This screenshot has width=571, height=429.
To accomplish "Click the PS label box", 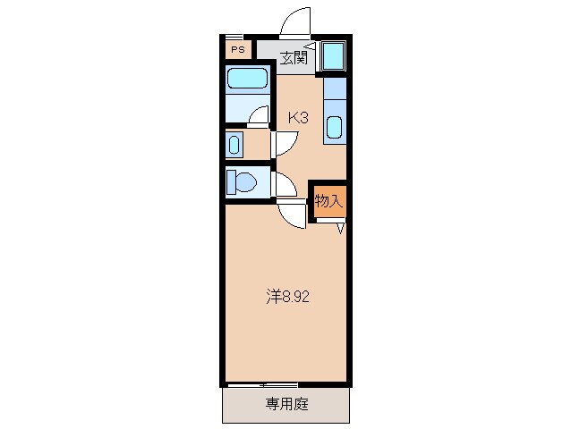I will click(x=237, y=50).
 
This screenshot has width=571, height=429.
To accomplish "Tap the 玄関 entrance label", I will click(x=293, y=59).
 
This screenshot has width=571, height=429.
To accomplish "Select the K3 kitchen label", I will click(x=298, y=116).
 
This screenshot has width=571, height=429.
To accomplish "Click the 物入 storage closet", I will click(x=328, y=201).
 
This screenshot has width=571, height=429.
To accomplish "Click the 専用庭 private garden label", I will click(x=286, y=404).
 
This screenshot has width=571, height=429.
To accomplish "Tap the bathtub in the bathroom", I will click(x=248, y=79).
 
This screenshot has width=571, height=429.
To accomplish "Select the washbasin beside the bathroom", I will click(x=234, y=144).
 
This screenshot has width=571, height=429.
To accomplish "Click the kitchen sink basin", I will click(x=334, y=126).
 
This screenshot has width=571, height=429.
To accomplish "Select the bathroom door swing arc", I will click(x=260, y=115).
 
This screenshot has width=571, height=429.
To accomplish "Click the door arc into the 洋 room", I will click(x=292, y=214).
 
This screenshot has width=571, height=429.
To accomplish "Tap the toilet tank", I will click(x=230, y=182).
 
